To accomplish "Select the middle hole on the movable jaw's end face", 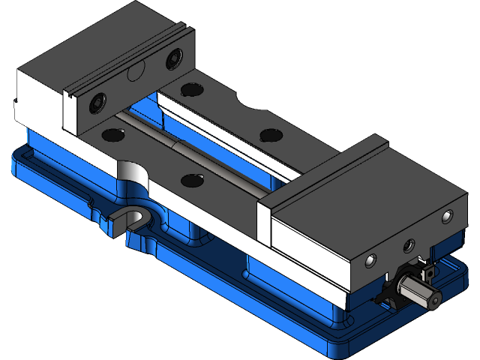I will (409, 245).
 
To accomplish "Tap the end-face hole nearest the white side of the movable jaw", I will (370, 260).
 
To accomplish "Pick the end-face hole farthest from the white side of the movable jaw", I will (448, 217).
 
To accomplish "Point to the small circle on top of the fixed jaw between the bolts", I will (136, 73).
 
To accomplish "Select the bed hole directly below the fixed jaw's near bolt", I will (112, 135).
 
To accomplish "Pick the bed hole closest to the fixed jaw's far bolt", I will (190, 89).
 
